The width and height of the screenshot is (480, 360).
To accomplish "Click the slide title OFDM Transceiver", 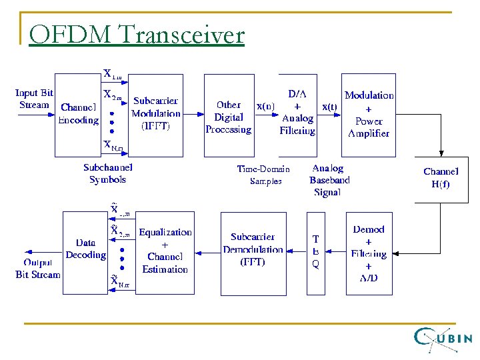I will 137,34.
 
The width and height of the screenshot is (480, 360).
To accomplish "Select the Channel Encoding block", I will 78,114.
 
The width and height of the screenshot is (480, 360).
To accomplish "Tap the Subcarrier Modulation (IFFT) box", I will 155,114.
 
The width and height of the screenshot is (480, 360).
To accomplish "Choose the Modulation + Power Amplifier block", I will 369,114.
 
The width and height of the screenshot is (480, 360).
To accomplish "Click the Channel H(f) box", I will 441,179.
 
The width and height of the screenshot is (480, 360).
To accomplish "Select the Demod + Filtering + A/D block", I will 369,253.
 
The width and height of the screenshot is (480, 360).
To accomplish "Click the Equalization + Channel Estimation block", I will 165,251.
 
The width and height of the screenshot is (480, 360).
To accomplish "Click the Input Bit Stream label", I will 34,99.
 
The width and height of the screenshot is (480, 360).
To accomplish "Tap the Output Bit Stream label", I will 38,269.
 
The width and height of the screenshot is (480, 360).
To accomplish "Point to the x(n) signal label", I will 265,106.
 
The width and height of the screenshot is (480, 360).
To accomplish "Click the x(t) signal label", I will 329,106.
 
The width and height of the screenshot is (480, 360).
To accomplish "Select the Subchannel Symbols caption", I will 108,173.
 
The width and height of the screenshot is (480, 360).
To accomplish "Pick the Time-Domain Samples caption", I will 263,175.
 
